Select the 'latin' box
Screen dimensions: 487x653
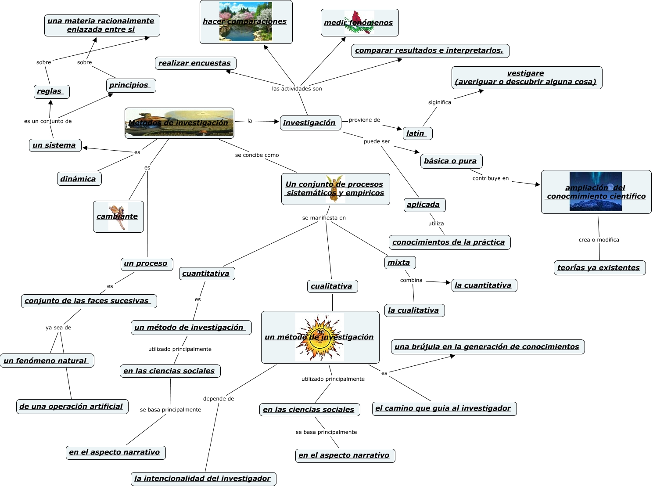tap(417, 133)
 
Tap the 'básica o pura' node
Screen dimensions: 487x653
tap(451, 161)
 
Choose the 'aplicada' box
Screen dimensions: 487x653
tap(424, 205)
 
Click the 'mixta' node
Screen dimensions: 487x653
tap(399, 263)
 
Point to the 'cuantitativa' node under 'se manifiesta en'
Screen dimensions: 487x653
tap(207, 274)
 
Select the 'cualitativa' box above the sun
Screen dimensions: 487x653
tap(332, 286)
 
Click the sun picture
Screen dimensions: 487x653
tap(320, 337)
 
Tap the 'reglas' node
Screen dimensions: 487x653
tap(51, 91)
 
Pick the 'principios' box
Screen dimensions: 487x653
tap(131, 85)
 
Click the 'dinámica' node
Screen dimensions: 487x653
tap(79, 179)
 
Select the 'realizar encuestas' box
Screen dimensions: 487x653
tap(195, 63)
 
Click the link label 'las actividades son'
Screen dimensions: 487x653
tap(297, 89)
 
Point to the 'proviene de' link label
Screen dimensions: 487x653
tap(364, 120)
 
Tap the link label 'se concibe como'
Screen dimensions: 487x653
tap(257, 155)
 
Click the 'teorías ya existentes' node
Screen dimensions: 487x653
tap(599, 268)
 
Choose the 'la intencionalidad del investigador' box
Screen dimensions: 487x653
tap(203, 479)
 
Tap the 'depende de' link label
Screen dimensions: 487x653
tap(219, 399)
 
